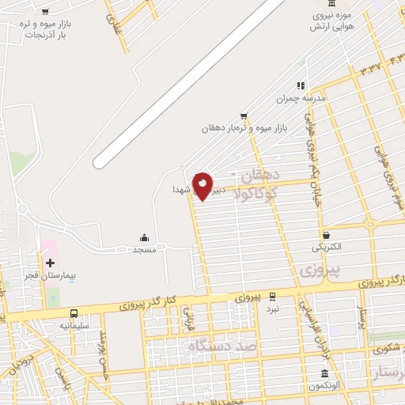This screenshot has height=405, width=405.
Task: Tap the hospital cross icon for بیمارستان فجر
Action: point(50,263)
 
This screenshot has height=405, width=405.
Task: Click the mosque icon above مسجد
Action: point(144,237)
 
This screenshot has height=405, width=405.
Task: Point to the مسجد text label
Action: point(143,250)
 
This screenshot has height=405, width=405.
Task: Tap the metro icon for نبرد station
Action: point(273,297)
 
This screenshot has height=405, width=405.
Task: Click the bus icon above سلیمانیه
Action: point(74,313)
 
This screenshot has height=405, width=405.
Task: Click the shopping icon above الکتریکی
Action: point(326,234)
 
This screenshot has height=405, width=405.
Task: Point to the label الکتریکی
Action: point(326,247)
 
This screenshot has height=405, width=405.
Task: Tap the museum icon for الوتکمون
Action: point(324,373)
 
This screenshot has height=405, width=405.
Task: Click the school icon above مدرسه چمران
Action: point(300,85)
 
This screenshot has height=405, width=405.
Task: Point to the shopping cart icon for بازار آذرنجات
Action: point(45,11)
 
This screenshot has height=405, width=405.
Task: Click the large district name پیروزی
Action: point(321,271)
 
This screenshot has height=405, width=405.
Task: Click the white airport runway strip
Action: point(190,82)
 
